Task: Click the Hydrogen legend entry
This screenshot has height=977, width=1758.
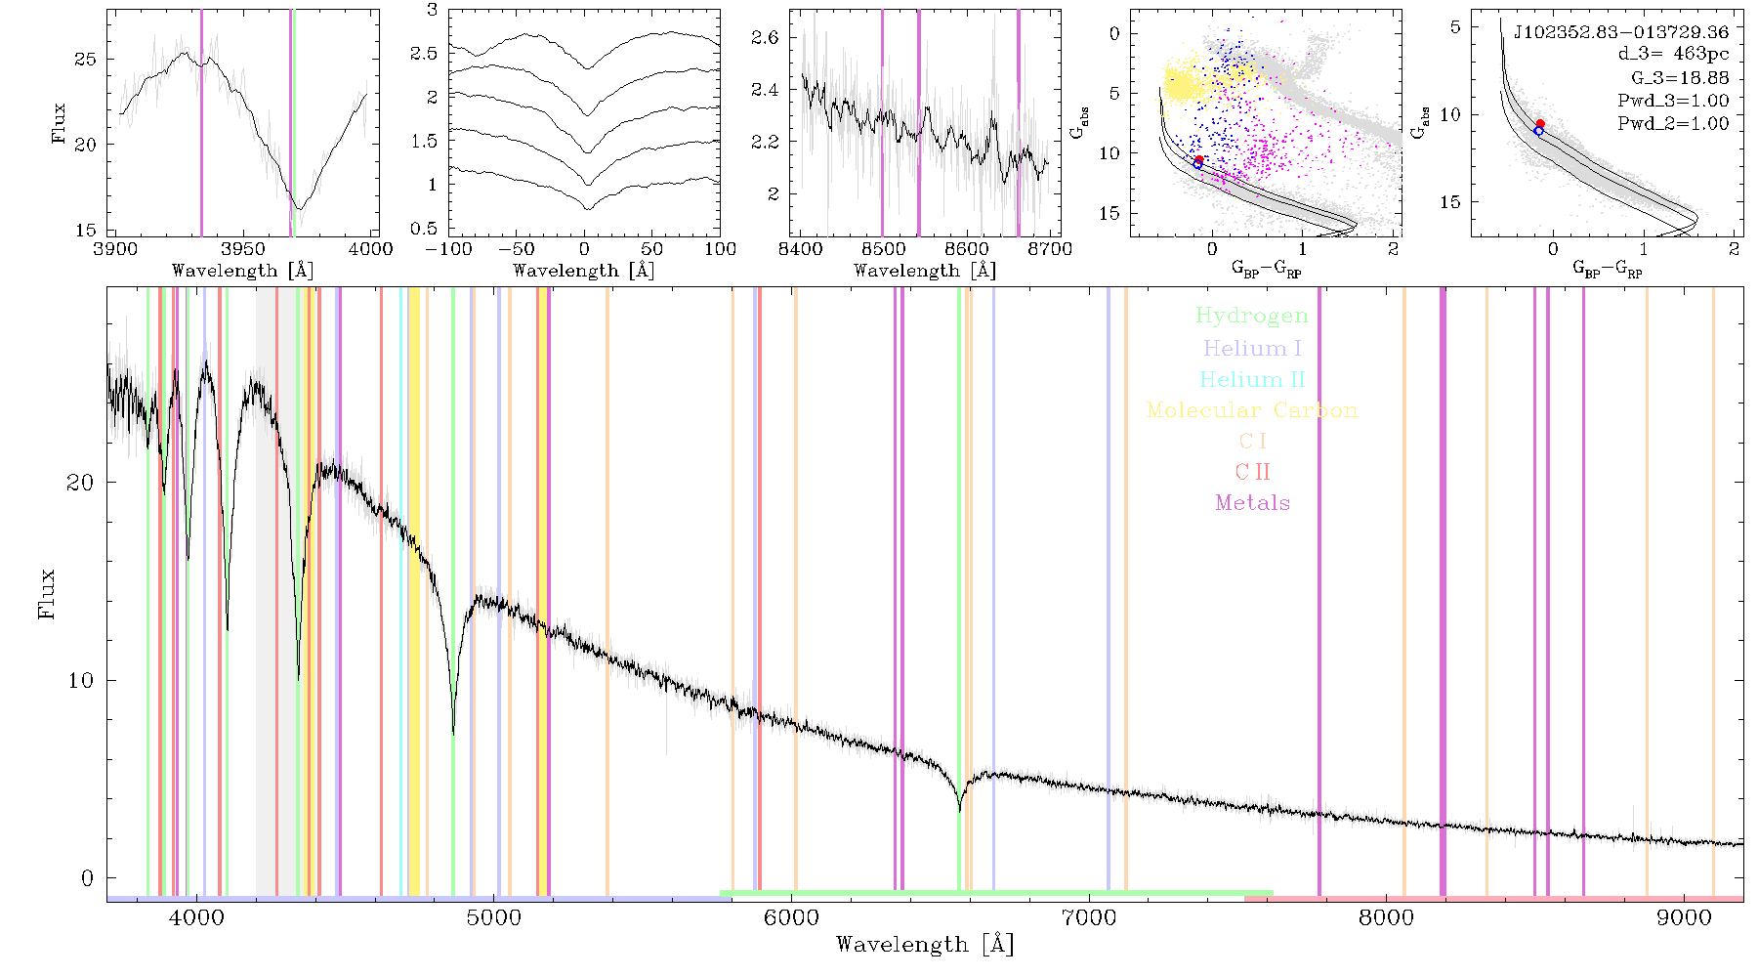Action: coord(1251,317)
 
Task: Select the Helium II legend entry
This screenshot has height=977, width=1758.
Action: coord(1252,380)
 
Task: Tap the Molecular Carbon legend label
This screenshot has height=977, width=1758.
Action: coord(1252,410)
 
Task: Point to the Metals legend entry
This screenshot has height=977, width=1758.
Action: coord(1253,503)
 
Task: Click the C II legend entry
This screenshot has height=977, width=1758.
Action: coord(1252,472)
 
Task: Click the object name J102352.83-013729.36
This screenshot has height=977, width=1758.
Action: coord(1621,32)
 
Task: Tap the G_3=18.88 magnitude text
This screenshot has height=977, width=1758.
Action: coord(1680,78)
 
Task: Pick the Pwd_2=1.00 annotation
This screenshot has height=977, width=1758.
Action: coord(1673,124)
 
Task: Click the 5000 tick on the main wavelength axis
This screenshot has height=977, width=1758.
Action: coord(494,917)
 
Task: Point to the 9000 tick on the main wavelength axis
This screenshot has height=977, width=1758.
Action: coord(1684,917)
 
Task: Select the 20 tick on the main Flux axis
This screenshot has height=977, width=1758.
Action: coord(81,483)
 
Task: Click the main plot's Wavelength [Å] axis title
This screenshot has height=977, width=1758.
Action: coord(925,945)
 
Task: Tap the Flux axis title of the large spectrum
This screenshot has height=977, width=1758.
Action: coord(47,594)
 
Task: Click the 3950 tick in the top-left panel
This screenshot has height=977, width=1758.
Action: coord(243,249)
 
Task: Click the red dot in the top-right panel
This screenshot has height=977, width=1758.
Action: coord(1540,124)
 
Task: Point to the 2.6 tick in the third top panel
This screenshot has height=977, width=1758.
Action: coord(765,38)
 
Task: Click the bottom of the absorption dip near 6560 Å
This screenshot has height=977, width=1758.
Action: coord(959,811)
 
